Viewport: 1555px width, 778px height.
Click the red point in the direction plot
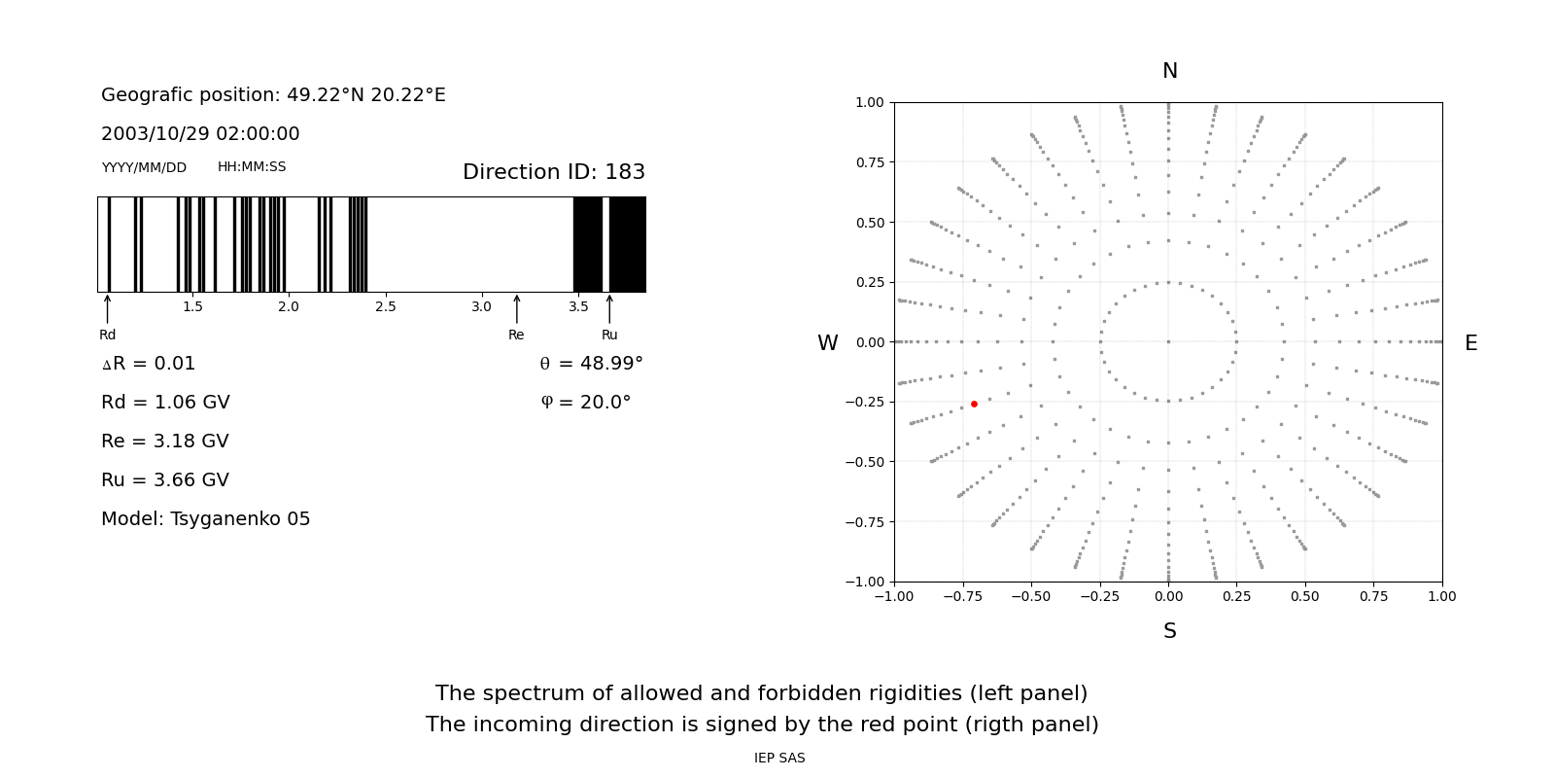pyautogui.click(x=974, y=404)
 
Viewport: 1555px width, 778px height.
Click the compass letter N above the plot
pyautogui.click(x=1169, y=71)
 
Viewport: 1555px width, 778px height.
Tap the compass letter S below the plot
pyautogui.click(x=1169, y=631)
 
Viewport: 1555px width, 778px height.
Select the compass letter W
pyautogui.click(x=827, y=343)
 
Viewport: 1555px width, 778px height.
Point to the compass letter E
pyautogui.click(x=1470, y=343)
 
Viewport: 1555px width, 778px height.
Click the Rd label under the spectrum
pyautogui.click(x=107, y=335)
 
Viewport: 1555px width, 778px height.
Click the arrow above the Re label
pyautogui.click(x=516, y=309)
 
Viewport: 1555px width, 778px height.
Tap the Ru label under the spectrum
pyautogui.click(x=609, y=335)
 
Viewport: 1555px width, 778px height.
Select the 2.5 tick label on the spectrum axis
pyautogui.click(x=386, y=307)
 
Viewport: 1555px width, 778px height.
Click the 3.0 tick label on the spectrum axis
pyautogui.click(x=481, y=307)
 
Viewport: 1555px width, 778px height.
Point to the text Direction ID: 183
pyautogui.click(x=553, y=172)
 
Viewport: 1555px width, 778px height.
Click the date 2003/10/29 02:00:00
pyautogui.click(x=200, y=134)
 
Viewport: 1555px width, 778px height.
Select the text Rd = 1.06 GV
pyautogui.click(x=165, y=403)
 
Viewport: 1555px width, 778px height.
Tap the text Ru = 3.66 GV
pyautogui.click(x=165, y=480)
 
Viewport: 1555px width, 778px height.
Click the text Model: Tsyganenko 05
pyautogui.click(x=206, y=519)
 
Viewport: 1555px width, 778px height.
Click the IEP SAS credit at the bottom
pyautogui.click(x=779, y=759)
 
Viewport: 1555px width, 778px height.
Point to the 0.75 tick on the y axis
pyautogui.click(x=869, y=162)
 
